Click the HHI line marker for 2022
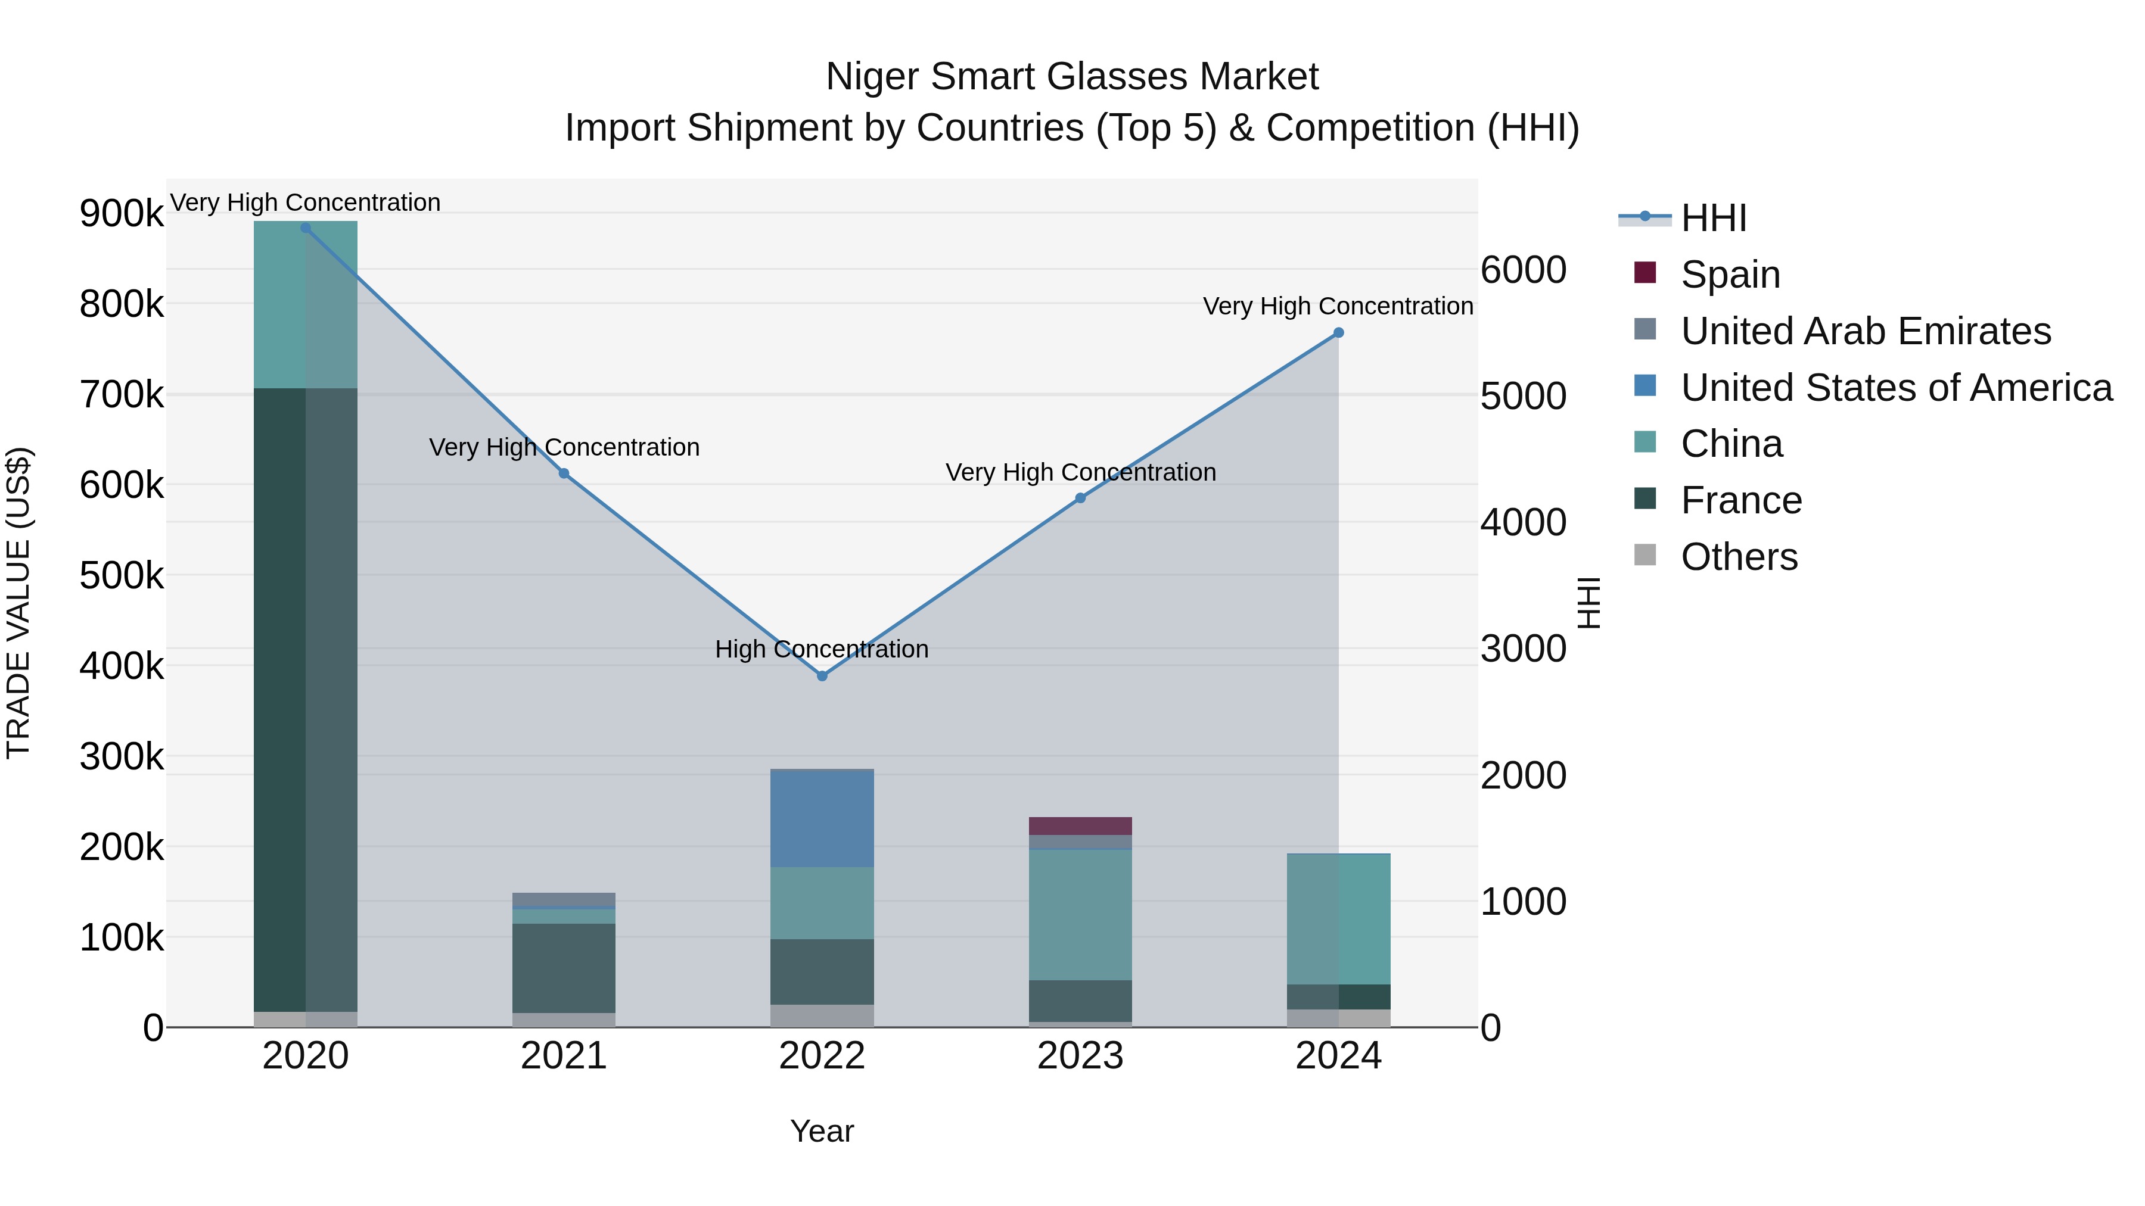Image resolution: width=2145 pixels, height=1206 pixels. pos(822,676)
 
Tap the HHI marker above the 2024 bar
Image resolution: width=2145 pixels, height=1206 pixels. pos(1338,333)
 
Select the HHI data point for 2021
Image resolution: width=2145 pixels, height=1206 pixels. pos(564,473)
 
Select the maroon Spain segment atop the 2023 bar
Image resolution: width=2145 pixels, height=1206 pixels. pos(1080,825)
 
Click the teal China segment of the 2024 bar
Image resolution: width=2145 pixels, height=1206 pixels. pos(1338,919)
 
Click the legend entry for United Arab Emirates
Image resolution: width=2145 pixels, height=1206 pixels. pos(1865,331)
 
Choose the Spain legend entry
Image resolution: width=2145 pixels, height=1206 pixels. pos(1730,275)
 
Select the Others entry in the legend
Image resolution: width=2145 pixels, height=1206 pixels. pos(1739,557)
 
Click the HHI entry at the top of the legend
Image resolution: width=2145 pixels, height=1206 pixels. pos(1713,218)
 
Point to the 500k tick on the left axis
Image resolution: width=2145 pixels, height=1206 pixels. pos(122,575)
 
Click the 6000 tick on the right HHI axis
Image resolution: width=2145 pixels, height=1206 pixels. pos(1523,270)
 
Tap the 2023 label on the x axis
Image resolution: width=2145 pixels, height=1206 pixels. pos(1080,1056)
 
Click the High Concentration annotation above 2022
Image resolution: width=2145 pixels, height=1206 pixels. pos(821,649)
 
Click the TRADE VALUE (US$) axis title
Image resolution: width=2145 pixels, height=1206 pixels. pos(18,603)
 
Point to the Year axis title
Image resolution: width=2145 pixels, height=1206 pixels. pos(821,1131)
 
